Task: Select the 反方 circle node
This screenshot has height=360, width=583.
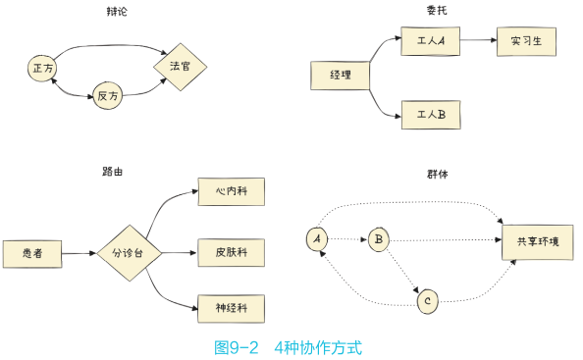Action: (x=108, y=95)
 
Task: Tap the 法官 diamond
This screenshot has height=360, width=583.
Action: (x=180, y=67)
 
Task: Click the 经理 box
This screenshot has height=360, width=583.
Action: (x=341, y=75)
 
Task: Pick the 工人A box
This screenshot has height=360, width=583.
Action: (x=430, y=41)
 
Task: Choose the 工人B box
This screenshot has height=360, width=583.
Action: (x=430, y=115)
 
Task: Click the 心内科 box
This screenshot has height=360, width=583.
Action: (x=231, y=191)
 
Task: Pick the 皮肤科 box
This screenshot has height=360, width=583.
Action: (x=231, y=252)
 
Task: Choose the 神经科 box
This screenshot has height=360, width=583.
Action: (x=231, y=307)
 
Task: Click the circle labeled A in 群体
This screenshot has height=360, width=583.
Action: (x=316, y=238)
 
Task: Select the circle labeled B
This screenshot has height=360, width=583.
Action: (x=379, y=238)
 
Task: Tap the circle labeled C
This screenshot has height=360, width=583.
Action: (x=427, y=301)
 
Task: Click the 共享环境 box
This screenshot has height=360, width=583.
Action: (x=537, y=242)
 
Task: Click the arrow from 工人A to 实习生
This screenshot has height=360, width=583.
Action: (x=477, y=41)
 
